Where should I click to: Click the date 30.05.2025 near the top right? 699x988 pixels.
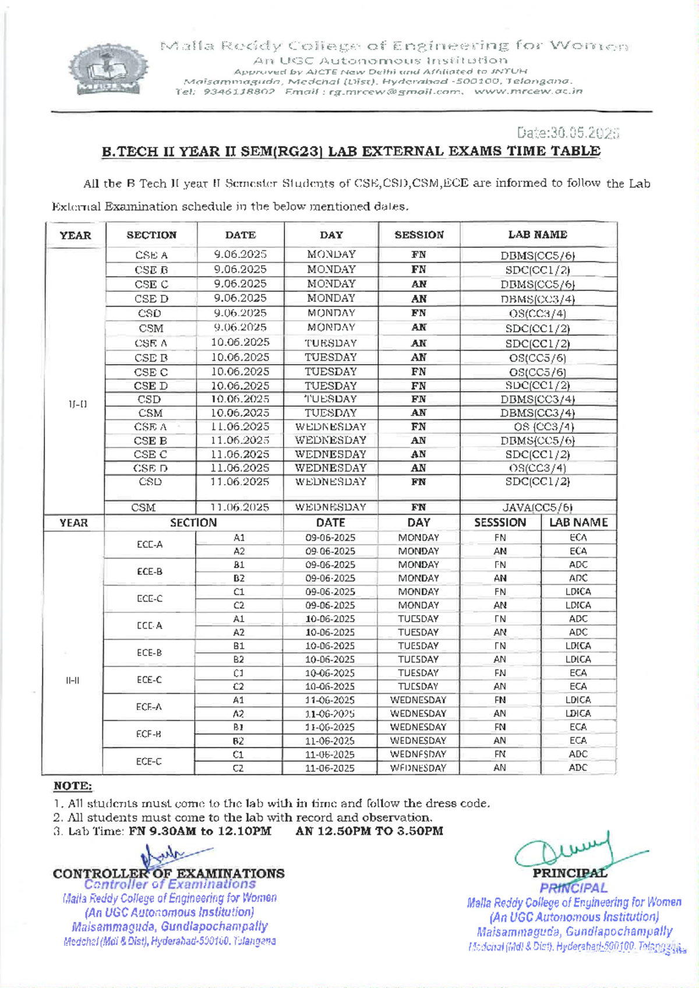click(x=568, y=133)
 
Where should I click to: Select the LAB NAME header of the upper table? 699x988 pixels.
click(x=537, y=235)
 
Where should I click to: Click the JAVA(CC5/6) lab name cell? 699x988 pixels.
click(x=537, y=507)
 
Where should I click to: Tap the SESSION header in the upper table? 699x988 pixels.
click(x=419, y=235)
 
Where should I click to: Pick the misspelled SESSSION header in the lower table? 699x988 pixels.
click(x=500, y=523)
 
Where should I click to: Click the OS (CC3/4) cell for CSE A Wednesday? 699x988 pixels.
click(x=537, y=427)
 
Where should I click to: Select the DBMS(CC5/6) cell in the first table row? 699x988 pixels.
click(x=537, y=255)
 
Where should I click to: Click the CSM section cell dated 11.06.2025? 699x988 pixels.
click(x=143, y=507)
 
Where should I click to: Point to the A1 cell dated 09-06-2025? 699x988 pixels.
click(x=239, y=538)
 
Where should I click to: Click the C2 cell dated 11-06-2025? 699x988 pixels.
click(x=238, y=768)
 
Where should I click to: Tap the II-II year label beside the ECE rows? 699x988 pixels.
click(x=73, y=680)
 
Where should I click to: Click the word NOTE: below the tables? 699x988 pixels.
click(x=73, y=786)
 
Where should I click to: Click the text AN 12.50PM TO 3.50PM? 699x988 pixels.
click(x=369, y=831)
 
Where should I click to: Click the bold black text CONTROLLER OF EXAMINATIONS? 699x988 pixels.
click(x=169, y=874)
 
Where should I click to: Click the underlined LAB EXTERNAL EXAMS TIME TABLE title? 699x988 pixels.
click(x=351, y=151)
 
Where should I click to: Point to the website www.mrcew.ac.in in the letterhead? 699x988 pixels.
click(x=528, y=91)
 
